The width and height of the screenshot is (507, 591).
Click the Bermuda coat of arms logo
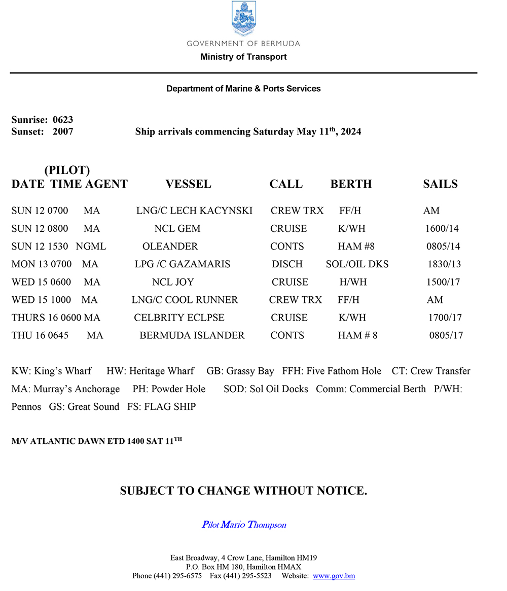(x=243, y=19)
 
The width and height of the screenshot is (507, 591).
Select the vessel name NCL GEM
(x=177, y=229)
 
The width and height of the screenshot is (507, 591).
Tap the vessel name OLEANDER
(x=170, y=247)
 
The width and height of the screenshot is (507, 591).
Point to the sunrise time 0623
(x=63, y=120)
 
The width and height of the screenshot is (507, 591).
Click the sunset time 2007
(x=63, y=132)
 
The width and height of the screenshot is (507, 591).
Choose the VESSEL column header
(x=188, y=184)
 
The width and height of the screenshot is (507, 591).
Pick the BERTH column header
(x=351, y=184)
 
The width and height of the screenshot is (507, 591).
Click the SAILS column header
(x=440, y=184)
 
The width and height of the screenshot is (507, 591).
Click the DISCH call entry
(x=287, y=264)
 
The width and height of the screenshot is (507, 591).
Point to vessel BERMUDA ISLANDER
(x=192, y=335)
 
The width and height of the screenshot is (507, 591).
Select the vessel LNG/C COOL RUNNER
(x=185, y=300)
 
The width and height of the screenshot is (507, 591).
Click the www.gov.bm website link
(x=334, y=576)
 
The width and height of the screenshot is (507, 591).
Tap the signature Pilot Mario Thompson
(x=244, y=525)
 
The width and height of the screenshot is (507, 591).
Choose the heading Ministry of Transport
(x=243, y=57)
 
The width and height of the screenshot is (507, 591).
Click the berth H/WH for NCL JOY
(x=353, y=282)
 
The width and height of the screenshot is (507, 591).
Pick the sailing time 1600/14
(x=442, y=229)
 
